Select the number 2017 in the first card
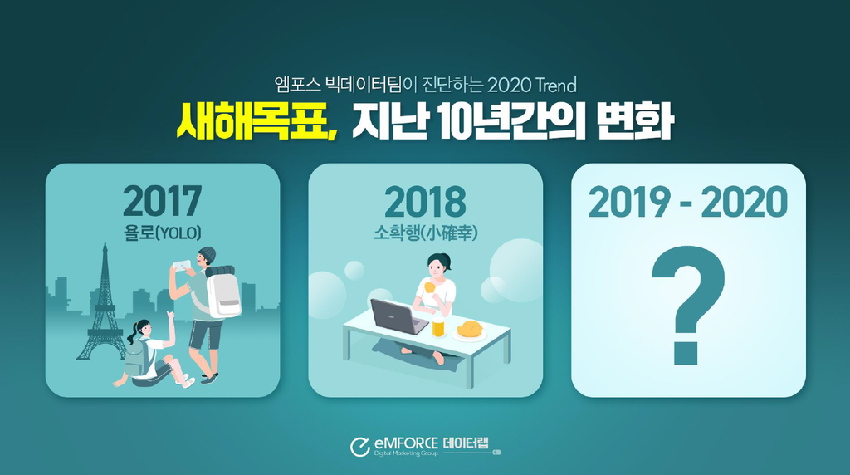pyautogui.click(x=162, y=201)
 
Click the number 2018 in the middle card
pyautogui.click(x=425, y=202)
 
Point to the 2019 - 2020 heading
pyautogui.click(x=688, y=202)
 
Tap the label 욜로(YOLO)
pyautogui.click(x=162, y=233)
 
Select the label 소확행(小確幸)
pyautogui.click(x=426, y=233)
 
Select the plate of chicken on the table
pyautogui.click(x=469, y=331)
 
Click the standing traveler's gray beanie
pyautogui.click(x=207, y=254)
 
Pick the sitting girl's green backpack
pyautogui.click(x=135, y=358)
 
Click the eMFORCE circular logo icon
pyautogui.click(x=360, y=447)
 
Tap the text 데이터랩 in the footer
pyautogui.click(x=466, y=443)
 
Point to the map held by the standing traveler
pyautogui.click(x=182, y=265)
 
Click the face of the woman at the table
pyautogui.click(x=437, y=267)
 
